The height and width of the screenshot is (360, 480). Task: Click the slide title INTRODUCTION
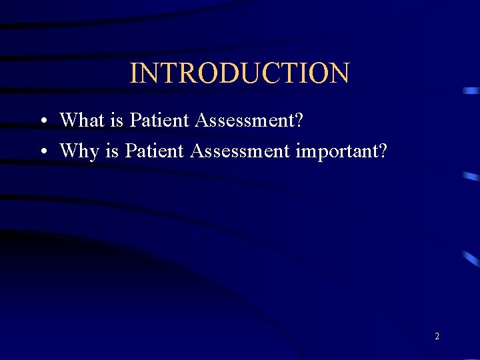click(x=239, y=73)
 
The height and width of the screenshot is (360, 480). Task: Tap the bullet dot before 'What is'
click(x=42, y=121)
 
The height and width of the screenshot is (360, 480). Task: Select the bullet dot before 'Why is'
click(x=42, y=152)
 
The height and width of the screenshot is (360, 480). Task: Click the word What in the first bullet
click(x=81, y=120)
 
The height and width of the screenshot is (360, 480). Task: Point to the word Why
click(x=79, y=151)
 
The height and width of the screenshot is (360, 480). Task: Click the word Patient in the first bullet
click(x=159, y=120)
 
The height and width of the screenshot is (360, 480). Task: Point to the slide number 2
click(x=437, y=337)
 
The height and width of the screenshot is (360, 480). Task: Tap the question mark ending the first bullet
click(x=298, y=120)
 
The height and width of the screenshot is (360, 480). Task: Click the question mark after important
click(x=381, y=151)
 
